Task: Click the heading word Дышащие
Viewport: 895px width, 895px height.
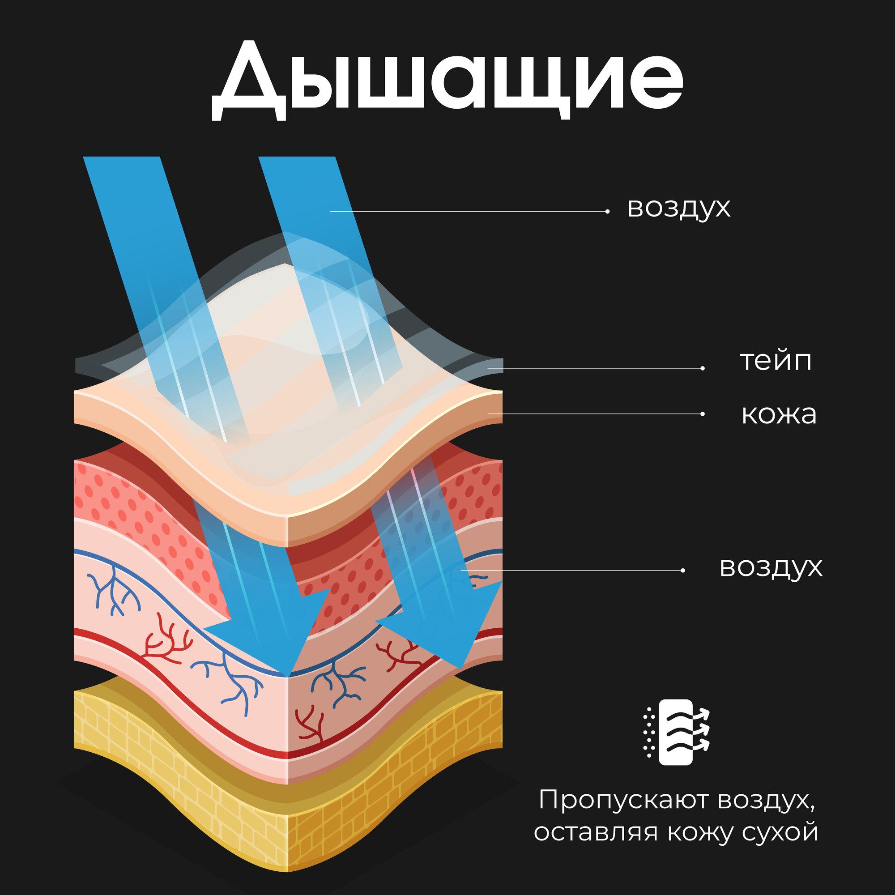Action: (447, 81)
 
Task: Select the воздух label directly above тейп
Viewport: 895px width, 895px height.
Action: (679, 209)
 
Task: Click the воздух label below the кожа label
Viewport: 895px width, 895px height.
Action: (771, 567)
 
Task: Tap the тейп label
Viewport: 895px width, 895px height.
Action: (776, 361)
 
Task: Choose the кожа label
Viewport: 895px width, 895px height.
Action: (779, 415)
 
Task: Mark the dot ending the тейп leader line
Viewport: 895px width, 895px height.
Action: (703, 368)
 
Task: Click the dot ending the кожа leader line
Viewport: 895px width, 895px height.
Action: (703, 413)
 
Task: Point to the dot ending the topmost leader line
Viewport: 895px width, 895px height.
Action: (607, 211)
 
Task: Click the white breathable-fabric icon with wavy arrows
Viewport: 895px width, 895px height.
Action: (676, 732)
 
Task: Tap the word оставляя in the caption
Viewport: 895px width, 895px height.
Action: (595, 832)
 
